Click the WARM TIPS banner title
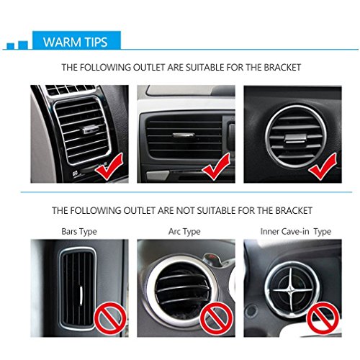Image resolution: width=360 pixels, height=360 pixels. pyautogui.click(x=76, y=41)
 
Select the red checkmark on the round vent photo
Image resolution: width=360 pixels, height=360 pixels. pyautogui.click(x=322, y=168)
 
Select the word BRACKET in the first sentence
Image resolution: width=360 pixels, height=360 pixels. pyautogui.click(x=281, y=68)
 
